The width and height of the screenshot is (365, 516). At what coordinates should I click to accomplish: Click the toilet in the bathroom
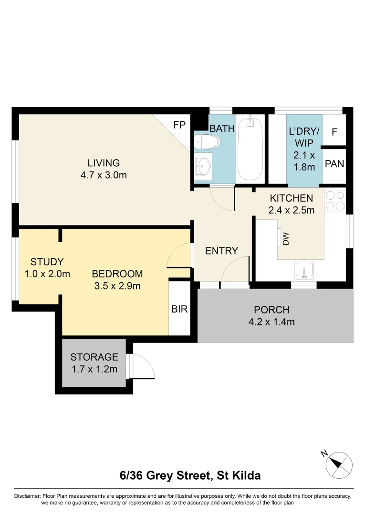(207, 142)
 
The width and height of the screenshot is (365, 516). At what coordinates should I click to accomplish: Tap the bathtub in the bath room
(250, 149)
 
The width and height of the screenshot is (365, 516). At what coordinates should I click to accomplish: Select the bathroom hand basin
(203, 166)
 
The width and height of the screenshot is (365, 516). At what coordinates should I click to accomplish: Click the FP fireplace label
(179, 125)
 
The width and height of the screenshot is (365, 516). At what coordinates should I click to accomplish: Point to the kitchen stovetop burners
(335, 200)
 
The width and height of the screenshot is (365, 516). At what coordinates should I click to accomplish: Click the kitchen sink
(303, 269)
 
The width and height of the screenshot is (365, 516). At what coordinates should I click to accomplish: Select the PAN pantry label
(334, 164)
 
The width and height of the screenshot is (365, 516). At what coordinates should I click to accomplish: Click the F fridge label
(334, 131)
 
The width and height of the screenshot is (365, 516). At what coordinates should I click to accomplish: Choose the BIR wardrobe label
(179, 309)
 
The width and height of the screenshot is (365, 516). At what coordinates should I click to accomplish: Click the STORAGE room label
(94, 357)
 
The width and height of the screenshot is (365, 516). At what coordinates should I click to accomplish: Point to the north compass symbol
(339, 463)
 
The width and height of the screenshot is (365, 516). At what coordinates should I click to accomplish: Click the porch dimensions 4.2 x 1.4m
(271, 322)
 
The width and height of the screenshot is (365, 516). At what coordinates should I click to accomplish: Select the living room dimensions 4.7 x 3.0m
(104, 175)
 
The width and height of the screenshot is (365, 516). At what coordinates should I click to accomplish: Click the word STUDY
(47, 262)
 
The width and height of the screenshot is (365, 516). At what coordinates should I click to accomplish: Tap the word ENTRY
(221, 251)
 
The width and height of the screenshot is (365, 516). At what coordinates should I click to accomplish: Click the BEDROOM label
(117, 274)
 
